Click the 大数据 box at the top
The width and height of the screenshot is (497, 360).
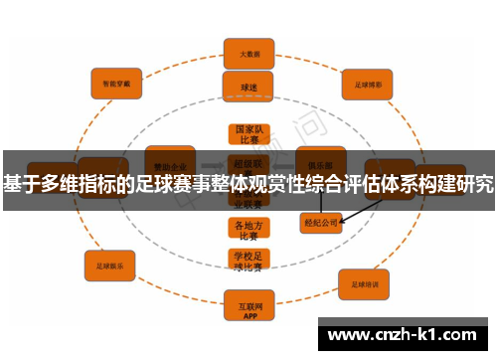click(248, 53)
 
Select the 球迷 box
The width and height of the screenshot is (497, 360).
click(248, 87)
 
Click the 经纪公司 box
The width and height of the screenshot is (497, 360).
click(321, 223)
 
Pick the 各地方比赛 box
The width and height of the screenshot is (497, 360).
click(248, 230)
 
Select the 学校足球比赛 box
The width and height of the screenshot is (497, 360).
click(248, 261)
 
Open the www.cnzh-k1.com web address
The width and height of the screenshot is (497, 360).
click(404, 335)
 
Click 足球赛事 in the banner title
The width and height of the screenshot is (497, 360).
click(180, 184)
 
